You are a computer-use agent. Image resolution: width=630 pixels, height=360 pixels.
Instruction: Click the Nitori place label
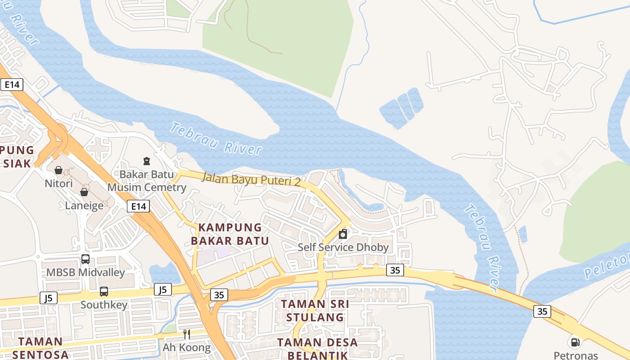coord(58,184)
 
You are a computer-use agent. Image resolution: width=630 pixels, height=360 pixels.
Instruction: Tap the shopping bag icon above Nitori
coord(58,170)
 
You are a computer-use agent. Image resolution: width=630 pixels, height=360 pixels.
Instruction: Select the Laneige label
coord(84,206)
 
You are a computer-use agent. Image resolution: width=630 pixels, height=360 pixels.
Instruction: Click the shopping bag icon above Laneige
coord(84,192)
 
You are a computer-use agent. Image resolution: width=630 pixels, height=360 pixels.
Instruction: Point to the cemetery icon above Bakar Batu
coord(146,161)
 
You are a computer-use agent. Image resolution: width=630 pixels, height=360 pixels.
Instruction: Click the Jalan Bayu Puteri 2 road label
coord(251,179)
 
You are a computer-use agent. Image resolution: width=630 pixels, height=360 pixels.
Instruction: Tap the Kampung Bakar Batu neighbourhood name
coord(229,234)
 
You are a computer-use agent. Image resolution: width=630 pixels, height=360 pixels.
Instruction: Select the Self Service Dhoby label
coord(343,247)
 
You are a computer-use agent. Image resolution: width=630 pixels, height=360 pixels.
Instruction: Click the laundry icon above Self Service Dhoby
coord(343,234)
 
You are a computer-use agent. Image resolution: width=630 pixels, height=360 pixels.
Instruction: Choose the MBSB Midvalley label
coord(85,273)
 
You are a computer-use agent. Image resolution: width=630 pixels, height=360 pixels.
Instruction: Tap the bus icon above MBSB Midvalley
coord(85,259)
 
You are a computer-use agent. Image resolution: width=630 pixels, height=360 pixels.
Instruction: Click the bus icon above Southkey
coord(104,291)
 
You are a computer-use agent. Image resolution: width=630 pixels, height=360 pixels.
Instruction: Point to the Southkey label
coord(104,305)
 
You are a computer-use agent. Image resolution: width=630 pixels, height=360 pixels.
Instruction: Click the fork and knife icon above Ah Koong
coord(186,334)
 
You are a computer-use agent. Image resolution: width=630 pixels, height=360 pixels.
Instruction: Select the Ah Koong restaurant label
coord(186,347)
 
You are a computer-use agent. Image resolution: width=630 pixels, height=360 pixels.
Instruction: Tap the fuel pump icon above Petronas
coord(575,342)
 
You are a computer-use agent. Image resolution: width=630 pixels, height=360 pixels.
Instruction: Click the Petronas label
coord(576,355)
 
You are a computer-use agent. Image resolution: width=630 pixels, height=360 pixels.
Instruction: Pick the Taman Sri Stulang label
coord(315,310)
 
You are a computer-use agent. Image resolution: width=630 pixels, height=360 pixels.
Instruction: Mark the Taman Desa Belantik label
coord(317,348)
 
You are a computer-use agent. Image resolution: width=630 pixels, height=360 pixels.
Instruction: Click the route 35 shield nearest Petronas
coord(542,311)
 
